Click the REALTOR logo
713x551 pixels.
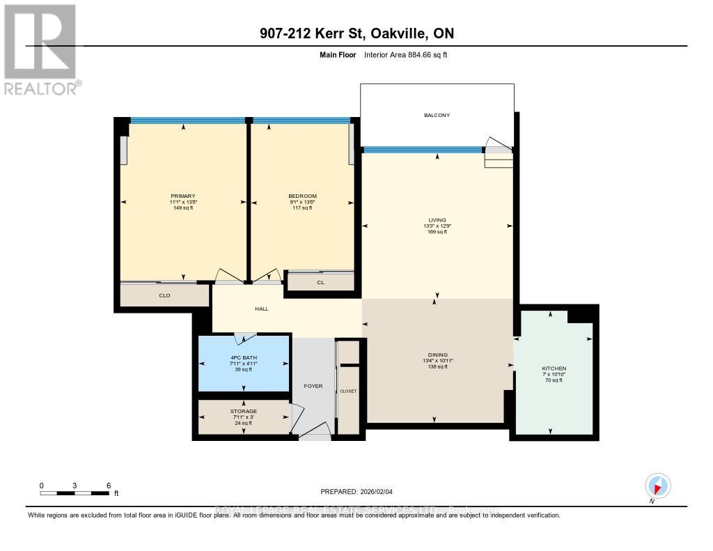pyautogui.click(x=40, y=49)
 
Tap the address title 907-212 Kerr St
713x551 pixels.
pyautogui.click(x=356, y=33)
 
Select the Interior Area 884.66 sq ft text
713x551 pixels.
pyautogui.click(x=405, y=54)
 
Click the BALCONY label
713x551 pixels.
pyautogui.click(x=437, y=115)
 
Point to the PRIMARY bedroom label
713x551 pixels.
pyautogui.click(x=183, y=196)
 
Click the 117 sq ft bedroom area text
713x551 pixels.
pyautogui.click(x=302, y=208)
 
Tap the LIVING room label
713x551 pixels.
pyautogui.click(x=437, y=219)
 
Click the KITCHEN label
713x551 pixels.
pyautogui.click(x=554, y=368)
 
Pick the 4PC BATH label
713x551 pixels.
pyautogui.click(x=244, y=357)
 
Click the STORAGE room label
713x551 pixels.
pyautogui.click(x=243, y=411)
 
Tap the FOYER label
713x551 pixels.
pyautogui.click(x=313, y=385)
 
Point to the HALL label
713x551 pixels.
pyautogui.click(x=261, y=309)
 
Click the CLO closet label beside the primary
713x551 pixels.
pyautogui.click(x=164, y=295)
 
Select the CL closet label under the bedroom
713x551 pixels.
pyautogui.click(x=320, y=282)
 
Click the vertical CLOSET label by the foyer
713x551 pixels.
pyautogui.click(x=348, y=391)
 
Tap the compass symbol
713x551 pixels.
pyautogui.click(x=657, y=486)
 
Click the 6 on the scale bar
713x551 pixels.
pyautogui.click(x=108, y=485)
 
